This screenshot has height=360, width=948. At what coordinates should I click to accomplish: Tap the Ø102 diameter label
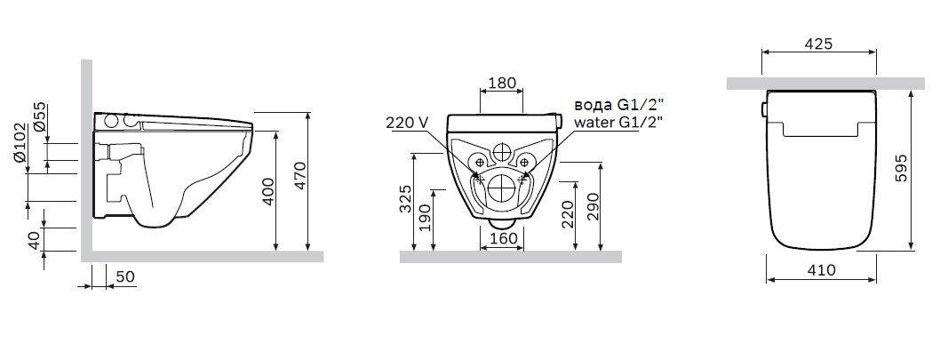pyautogui.click(x=20, y=143)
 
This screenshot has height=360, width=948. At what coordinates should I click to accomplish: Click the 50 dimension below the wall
pyautogui.click(x=125, y=277)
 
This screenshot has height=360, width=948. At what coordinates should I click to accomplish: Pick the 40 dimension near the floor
pyautogui.click(x=35, y=240)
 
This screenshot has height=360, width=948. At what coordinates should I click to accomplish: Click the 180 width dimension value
pyautogui.click(x=502, y=83)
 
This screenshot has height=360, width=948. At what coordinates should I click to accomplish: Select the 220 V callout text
pyautogui.click(x=407, y=123)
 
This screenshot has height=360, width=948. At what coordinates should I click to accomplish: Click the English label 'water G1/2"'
pyautogui.click(x=617, y=122)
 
